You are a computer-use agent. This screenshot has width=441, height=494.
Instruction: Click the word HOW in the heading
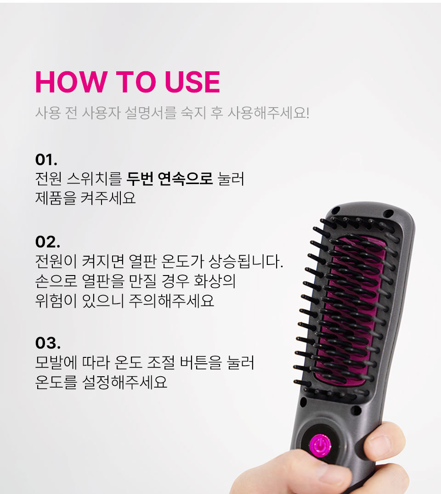point(71,82)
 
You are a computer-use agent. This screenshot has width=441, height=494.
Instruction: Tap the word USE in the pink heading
point(192,82)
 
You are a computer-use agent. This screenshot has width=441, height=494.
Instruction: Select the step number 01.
point(46,160)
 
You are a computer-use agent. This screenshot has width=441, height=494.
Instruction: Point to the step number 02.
point(47,241)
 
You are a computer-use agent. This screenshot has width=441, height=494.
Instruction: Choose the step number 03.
point(48,343)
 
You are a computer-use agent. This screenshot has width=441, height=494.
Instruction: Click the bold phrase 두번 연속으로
point(169,178)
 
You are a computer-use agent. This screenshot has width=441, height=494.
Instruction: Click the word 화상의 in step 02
point(215,281)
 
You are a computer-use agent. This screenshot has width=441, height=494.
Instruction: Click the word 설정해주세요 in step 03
point(124,382)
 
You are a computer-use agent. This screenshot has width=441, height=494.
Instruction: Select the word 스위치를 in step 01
point(94,178)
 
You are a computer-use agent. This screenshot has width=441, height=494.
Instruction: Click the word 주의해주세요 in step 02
point(171,300)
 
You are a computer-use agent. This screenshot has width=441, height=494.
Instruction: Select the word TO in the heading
point(136,82)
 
